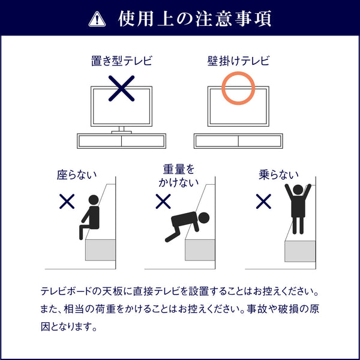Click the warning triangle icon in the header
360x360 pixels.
96,19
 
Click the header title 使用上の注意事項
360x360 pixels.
195,19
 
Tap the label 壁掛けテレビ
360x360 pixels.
238,61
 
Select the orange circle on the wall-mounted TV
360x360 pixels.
239,89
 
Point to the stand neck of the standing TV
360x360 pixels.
122,128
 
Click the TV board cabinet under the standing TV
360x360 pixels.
122,141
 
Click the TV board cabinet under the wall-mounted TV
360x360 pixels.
238,141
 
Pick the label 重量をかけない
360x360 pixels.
179,176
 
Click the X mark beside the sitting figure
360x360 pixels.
67,202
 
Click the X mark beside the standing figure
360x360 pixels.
263,202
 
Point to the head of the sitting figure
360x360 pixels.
93,200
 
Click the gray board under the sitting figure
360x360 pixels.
100,249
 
